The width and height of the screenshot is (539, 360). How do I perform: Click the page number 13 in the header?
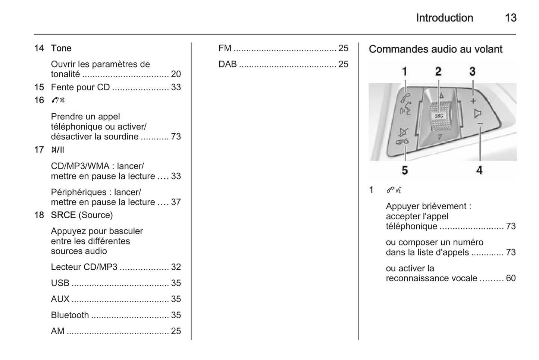[x=510, y=18]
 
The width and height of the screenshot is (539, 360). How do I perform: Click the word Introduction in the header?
[x=444, y=18]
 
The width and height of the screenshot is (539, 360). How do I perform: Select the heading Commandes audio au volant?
[x=435, y=49]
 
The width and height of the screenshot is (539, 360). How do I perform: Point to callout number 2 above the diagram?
[x=438, y=71]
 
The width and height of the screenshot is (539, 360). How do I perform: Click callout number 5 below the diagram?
[x=405, y=170]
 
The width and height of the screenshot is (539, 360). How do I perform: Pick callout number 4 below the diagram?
[x=479, y=170]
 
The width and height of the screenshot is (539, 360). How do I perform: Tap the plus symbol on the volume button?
[x=473, y=101]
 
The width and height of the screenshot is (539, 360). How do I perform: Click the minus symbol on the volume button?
[x=480, y=123]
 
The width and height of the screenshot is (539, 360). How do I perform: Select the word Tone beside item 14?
[x=61, y=48]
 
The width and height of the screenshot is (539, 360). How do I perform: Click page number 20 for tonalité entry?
[x=176, y=74]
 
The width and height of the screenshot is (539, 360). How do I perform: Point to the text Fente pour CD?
[x=80, y=87]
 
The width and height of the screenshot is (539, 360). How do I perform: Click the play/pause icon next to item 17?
[x=57, y=150]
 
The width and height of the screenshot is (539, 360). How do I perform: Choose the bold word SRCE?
[x=63, y=215]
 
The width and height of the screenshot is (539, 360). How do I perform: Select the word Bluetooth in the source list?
[x=70, y=315]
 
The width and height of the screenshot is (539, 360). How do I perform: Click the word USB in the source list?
[x=60, y=283]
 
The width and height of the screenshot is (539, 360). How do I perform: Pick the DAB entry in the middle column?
[x=228, y=64]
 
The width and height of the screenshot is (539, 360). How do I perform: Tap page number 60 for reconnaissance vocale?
[x=511, y=278]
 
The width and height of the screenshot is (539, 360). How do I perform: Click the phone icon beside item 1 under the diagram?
[x=391, y=190]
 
